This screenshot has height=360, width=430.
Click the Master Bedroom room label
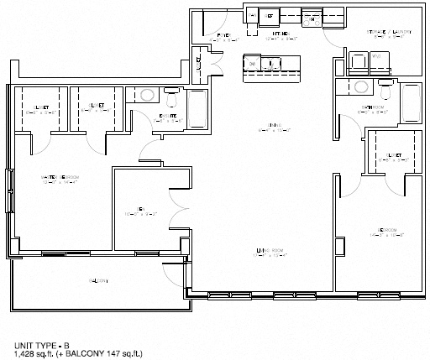(x=60, y=178)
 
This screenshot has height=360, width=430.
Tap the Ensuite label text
(x=167, y=117)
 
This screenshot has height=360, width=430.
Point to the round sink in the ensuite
(x=146, y=95)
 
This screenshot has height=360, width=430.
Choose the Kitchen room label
(x=279, y=34)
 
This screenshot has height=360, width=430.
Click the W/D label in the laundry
(x=376, y=57)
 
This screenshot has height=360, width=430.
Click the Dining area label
(x=273, y=128)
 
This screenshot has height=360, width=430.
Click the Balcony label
(x=98, y=280)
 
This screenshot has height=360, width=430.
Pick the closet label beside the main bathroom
(x=389, y=155)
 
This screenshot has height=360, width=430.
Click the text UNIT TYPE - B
(x=42, y=345)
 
